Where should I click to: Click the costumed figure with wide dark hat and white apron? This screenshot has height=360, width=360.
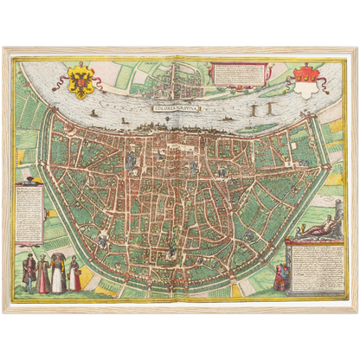59,272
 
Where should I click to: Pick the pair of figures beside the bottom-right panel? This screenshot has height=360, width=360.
280,277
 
